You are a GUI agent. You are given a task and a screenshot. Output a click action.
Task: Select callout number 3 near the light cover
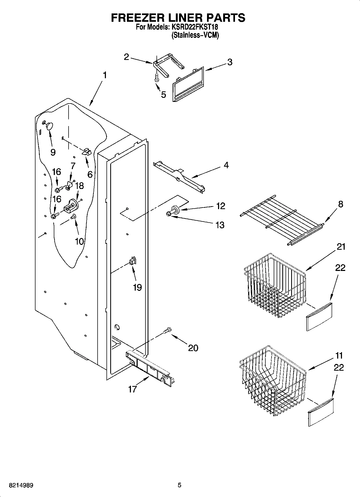[230, 62]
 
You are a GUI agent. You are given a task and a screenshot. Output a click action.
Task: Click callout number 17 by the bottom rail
[133, 389]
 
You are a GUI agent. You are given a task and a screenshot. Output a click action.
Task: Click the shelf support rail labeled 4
[179, 175]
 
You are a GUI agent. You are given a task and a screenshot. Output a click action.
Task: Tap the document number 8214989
[21, 485]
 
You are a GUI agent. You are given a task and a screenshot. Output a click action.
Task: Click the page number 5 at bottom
[180, 485]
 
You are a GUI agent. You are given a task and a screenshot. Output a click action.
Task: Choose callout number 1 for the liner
[105, 75]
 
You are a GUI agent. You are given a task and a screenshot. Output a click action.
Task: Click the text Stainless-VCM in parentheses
[195, 35]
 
